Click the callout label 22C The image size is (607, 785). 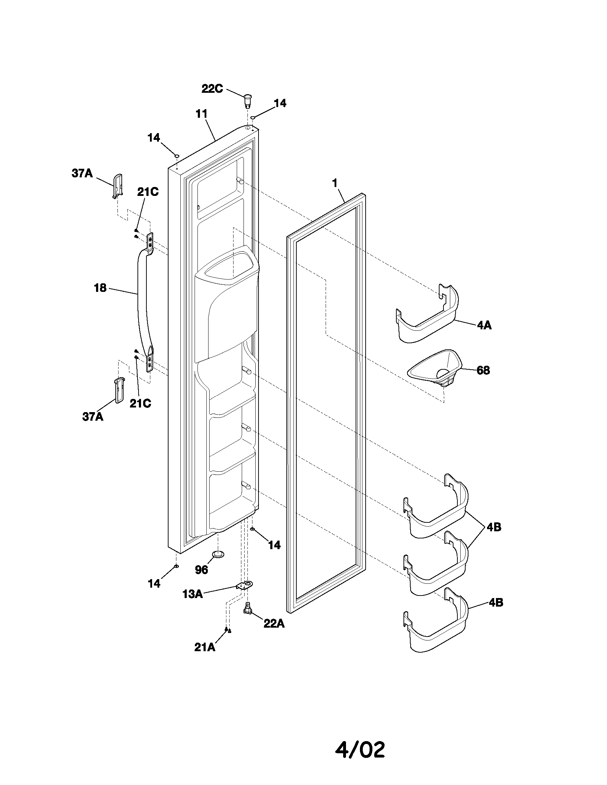212,88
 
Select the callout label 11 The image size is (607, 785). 201,114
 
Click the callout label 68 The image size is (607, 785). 483,370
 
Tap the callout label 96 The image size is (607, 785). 201,570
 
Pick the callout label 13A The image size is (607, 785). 192,594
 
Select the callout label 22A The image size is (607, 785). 274,624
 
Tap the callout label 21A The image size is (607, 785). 205,647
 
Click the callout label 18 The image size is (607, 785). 100,288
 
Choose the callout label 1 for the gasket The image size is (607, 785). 335,183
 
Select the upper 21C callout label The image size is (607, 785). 148,192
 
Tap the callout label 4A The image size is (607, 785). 484,326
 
